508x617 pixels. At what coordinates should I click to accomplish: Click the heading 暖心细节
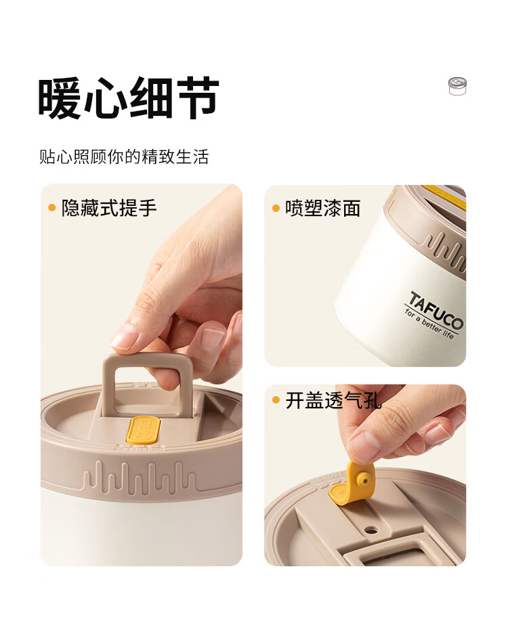pos(128,98)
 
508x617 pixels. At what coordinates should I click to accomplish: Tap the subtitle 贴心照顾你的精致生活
pos(124,156)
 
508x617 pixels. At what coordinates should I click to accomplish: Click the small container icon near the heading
pos(457,86)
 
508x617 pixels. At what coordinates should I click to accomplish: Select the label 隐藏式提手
pos(109,208)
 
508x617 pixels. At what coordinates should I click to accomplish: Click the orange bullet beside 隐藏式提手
pos(51,207)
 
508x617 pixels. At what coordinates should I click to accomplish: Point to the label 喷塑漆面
pos(322,208)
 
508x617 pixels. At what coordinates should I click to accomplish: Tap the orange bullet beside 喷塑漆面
pos(276,208)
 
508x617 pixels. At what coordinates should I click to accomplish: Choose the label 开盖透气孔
pos(333,400)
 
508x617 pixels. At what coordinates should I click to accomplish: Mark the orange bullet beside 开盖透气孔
pos(276,400)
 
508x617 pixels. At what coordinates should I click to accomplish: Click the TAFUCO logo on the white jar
pos(436,310)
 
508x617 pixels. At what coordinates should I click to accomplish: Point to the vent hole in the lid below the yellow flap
pos(370,530)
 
